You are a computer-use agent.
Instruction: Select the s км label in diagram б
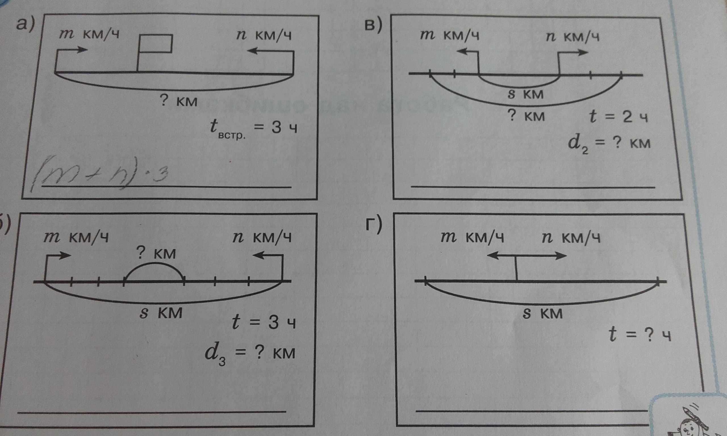pyautogui.click(x=161, y=313)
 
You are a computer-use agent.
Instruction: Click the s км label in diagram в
pyautogui.click(x=526, y=94)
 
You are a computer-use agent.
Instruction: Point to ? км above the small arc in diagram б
pyautogui.click(x=157, y=253)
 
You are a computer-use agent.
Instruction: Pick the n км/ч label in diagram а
pyautogui.click(x=264, y=36)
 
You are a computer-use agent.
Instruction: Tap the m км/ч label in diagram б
pyautogui.click(x=76, y=238)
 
